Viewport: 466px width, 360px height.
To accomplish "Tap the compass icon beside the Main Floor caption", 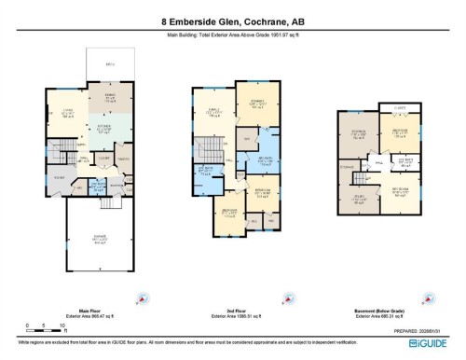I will pyautogui.click(x=141, y=299).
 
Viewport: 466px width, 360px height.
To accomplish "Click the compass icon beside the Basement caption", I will pyautogui.click(x=416, y=299).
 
